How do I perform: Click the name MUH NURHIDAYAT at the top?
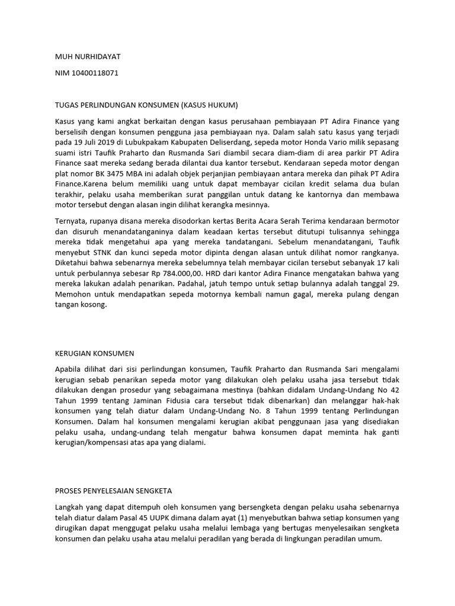[87, 57]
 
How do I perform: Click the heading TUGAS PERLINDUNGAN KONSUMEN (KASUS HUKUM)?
[146, 105]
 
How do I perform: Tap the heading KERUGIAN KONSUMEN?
[94, 354]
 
